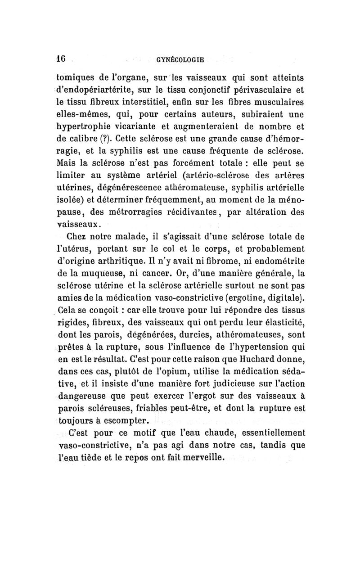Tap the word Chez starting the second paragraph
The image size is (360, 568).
point(77,236)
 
